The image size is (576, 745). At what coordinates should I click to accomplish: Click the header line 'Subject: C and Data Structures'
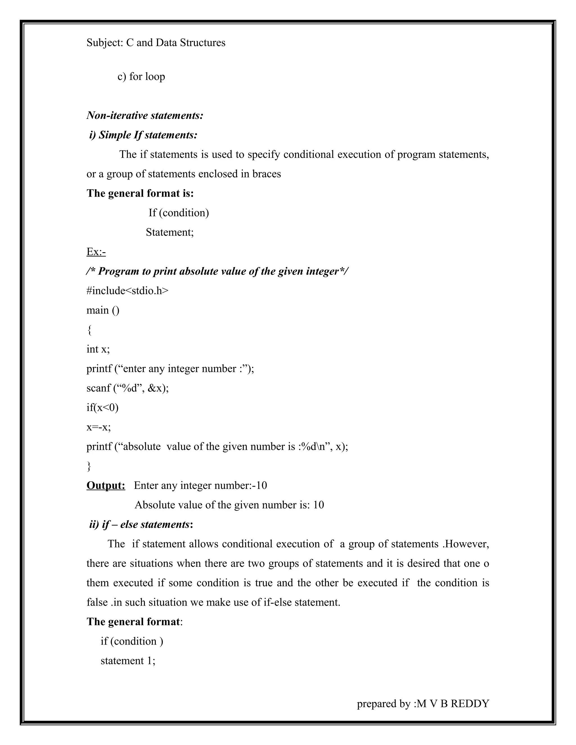coord(156,43)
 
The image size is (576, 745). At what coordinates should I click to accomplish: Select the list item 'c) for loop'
coord(141,76)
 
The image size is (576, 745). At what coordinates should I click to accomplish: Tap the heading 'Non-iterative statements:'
coord(145,115)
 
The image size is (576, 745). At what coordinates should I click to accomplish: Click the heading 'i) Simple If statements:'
coord(143,135)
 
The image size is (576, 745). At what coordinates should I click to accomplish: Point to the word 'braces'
coord(267,174)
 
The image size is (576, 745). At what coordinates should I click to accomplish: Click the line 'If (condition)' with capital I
coord(179,213)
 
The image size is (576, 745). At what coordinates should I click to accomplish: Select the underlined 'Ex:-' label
coord(96,252)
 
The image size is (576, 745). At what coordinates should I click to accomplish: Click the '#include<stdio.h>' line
coord(127,291)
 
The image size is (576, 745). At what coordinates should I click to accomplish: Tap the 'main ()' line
coord(103,310)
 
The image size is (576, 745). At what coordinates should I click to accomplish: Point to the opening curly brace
coord(89,330)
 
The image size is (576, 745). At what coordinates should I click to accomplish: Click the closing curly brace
coord(89,466)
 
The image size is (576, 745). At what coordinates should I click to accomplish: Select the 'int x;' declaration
coord(98,349)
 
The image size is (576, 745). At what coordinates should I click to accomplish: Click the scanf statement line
coord(127,388)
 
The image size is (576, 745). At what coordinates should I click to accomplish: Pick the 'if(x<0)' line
coord(102,407)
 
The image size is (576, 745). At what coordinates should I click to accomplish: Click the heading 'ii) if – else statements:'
coord(141,524)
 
